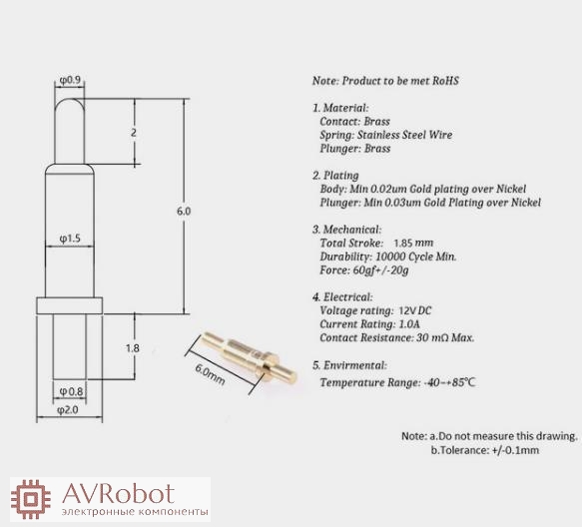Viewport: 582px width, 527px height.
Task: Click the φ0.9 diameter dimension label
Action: (70, 80)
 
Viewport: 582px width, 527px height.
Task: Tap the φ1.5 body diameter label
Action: (70, 239)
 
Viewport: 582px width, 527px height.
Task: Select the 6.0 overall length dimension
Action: (184, 212)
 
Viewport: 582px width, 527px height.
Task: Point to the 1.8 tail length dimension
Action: (133, 348)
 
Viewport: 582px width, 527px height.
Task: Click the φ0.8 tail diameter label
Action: (71, 391)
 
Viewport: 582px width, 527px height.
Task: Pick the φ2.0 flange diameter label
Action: (68, 410)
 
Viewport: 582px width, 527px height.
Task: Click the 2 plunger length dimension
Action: (134, 133)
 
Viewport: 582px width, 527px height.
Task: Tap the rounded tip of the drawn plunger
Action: (70, 100)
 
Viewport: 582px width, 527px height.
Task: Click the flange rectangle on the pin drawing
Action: (70, 305)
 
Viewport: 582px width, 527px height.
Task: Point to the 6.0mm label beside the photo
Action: (210, 375)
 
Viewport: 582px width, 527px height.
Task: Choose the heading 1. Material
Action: (340, 108)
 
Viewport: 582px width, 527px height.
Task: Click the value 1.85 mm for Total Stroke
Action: (413, 244)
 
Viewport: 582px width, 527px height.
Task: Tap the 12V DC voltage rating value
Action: (415, 310)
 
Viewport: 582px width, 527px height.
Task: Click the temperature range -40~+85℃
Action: (449, 382)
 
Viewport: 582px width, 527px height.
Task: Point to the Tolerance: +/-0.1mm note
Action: (485, 450)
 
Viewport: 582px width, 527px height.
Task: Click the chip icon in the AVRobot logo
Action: (30, 499)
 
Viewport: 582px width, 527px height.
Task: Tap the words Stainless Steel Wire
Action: (404, 135)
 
